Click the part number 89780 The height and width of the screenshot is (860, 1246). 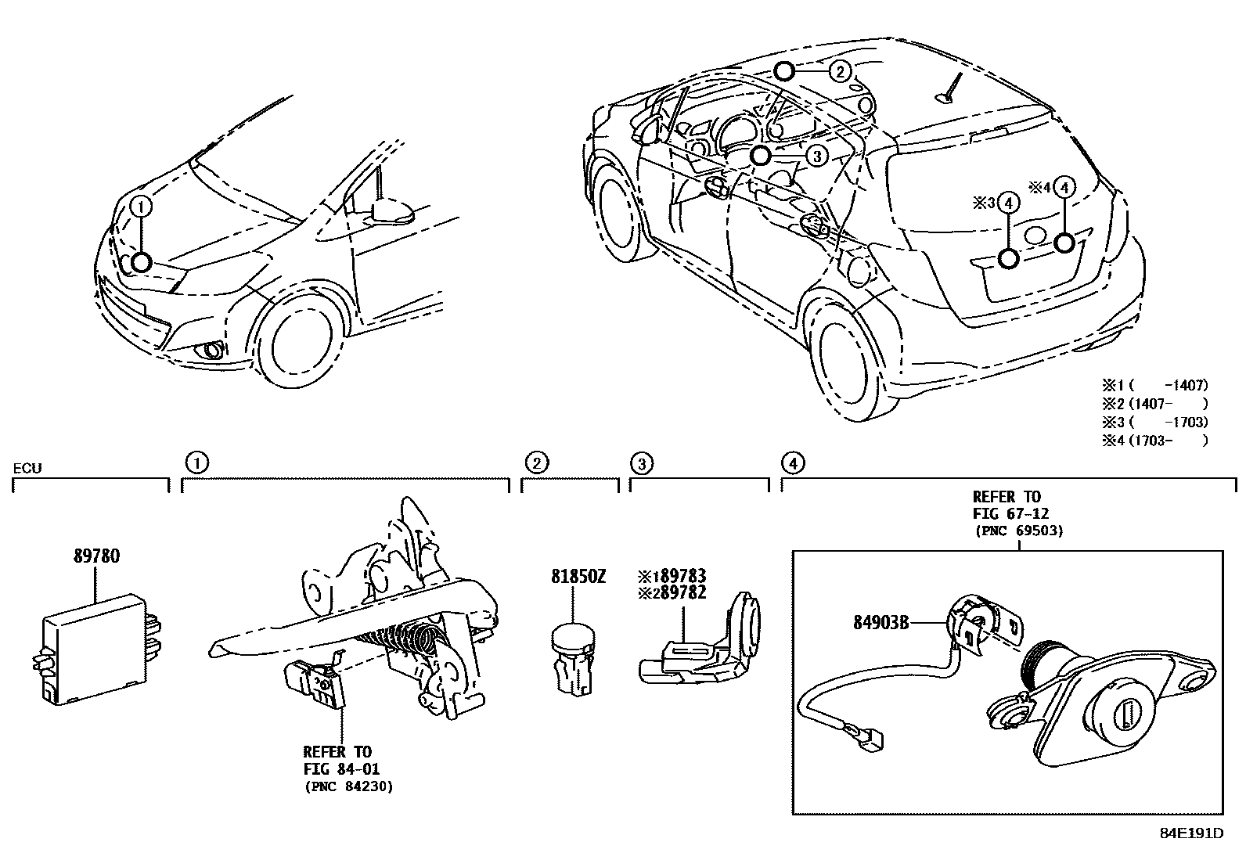[96, 556]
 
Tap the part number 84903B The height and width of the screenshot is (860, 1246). [880, 623]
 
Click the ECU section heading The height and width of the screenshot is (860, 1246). [27, 469]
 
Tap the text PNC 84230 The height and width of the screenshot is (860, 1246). [348, 786]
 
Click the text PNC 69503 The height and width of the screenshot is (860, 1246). [1018, 531]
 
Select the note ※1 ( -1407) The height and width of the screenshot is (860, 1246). [1154, 385]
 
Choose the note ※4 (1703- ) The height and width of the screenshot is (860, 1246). [1154, 440]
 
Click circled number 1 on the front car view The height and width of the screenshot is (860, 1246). [141, 207]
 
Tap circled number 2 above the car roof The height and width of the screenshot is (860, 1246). [839, 72]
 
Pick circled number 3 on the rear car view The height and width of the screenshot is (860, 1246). [816, 156]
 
